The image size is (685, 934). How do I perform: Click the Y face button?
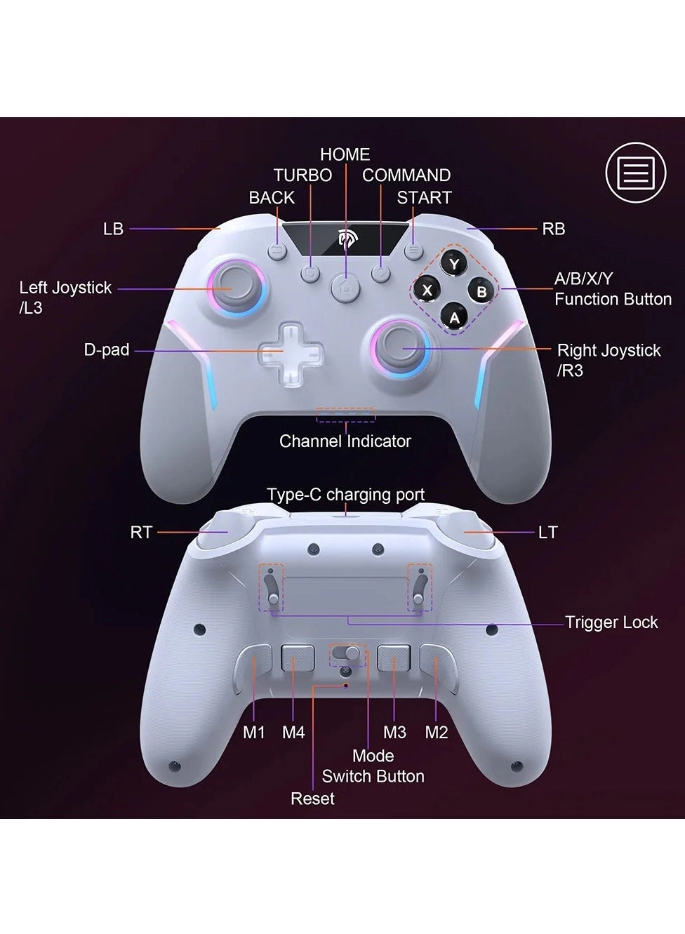click(454, 264)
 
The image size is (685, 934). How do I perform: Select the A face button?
click(454, 318)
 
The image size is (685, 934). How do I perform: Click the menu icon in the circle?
click(636, 172)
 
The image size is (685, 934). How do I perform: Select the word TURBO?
click(303, 175)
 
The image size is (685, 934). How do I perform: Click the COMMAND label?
click(406, 175)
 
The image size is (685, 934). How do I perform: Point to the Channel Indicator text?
click(345, 441)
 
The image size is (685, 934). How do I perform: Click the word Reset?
click(313, 799)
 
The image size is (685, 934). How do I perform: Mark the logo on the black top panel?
click(345, 239)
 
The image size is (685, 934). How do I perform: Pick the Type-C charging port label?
click(345, 495)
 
